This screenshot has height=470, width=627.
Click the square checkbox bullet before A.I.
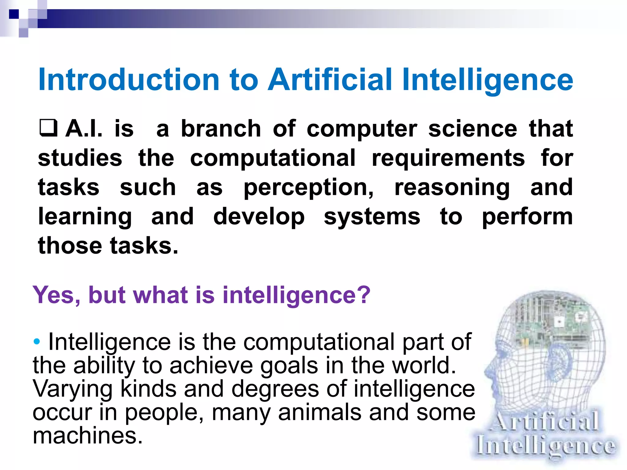tap(48, 128)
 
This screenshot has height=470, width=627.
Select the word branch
tap(221, 129)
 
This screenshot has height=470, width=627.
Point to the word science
tap(473, 129)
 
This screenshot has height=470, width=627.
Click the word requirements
tap(448, 158)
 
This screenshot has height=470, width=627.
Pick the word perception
tap(309, 188)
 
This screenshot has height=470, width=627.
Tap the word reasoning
tap(452, 188)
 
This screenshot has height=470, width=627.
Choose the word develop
tap(259, 217)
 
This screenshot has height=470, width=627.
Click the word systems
tap(372, 217)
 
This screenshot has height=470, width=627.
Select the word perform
tap(527, 217)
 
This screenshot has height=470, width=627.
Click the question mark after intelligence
tap(363, 295)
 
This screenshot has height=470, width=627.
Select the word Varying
tap(73, 389)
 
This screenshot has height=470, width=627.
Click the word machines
tap(88, 436)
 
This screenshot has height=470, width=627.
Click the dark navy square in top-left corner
tap(14, 14)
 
